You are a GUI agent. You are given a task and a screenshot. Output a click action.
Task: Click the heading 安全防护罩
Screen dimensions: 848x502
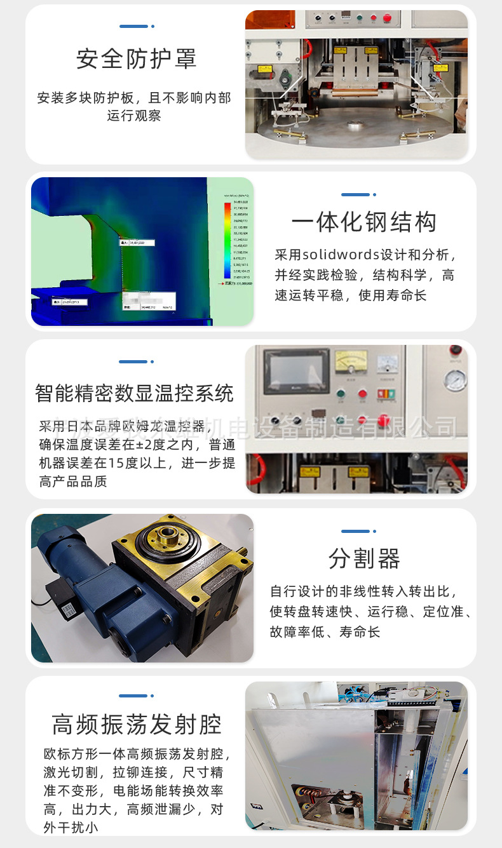(136, 59)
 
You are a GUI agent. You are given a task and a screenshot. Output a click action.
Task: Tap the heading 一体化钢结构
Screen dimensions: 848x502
(364, 222)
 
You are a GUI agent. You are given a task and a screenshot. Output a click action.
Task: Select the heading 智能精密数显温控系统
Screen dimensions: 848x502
(134, 393)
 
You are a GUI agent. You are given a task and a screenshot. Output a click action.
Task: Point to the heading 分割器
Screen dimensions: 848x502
(364, 559)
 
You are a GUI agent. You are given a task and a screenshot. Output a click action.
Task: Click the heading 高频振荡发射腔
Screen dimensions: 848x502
(136, 724)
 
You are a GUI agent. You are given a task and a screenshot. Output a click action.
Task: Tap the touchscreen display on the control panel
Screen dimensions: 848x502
(296, 371)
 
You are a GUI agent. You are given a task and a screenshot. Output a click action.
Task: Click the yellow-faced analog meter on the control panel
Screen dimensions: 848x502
(351, 365)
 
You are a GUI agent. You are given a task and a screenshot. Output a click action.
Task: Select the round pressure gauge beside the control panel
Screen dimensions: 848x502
(455, 380)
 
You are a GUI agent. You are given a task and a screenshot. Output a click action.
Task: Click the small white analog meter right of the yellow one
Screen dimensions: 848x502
(387, 364)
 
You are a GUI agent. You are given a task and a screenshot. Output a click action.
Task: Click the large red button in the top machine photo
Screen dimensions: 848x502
(387, 18)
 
